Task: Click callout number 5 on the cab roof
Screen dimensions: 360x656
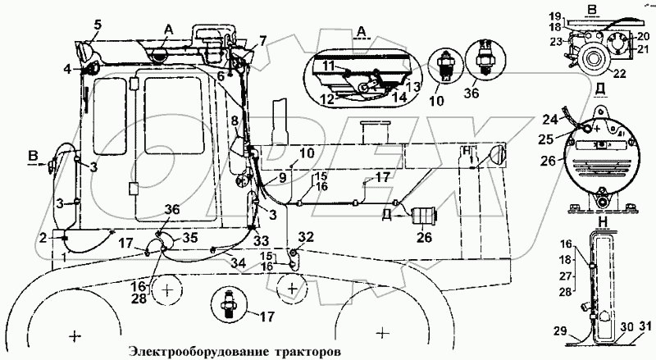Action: coord(97,24)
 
